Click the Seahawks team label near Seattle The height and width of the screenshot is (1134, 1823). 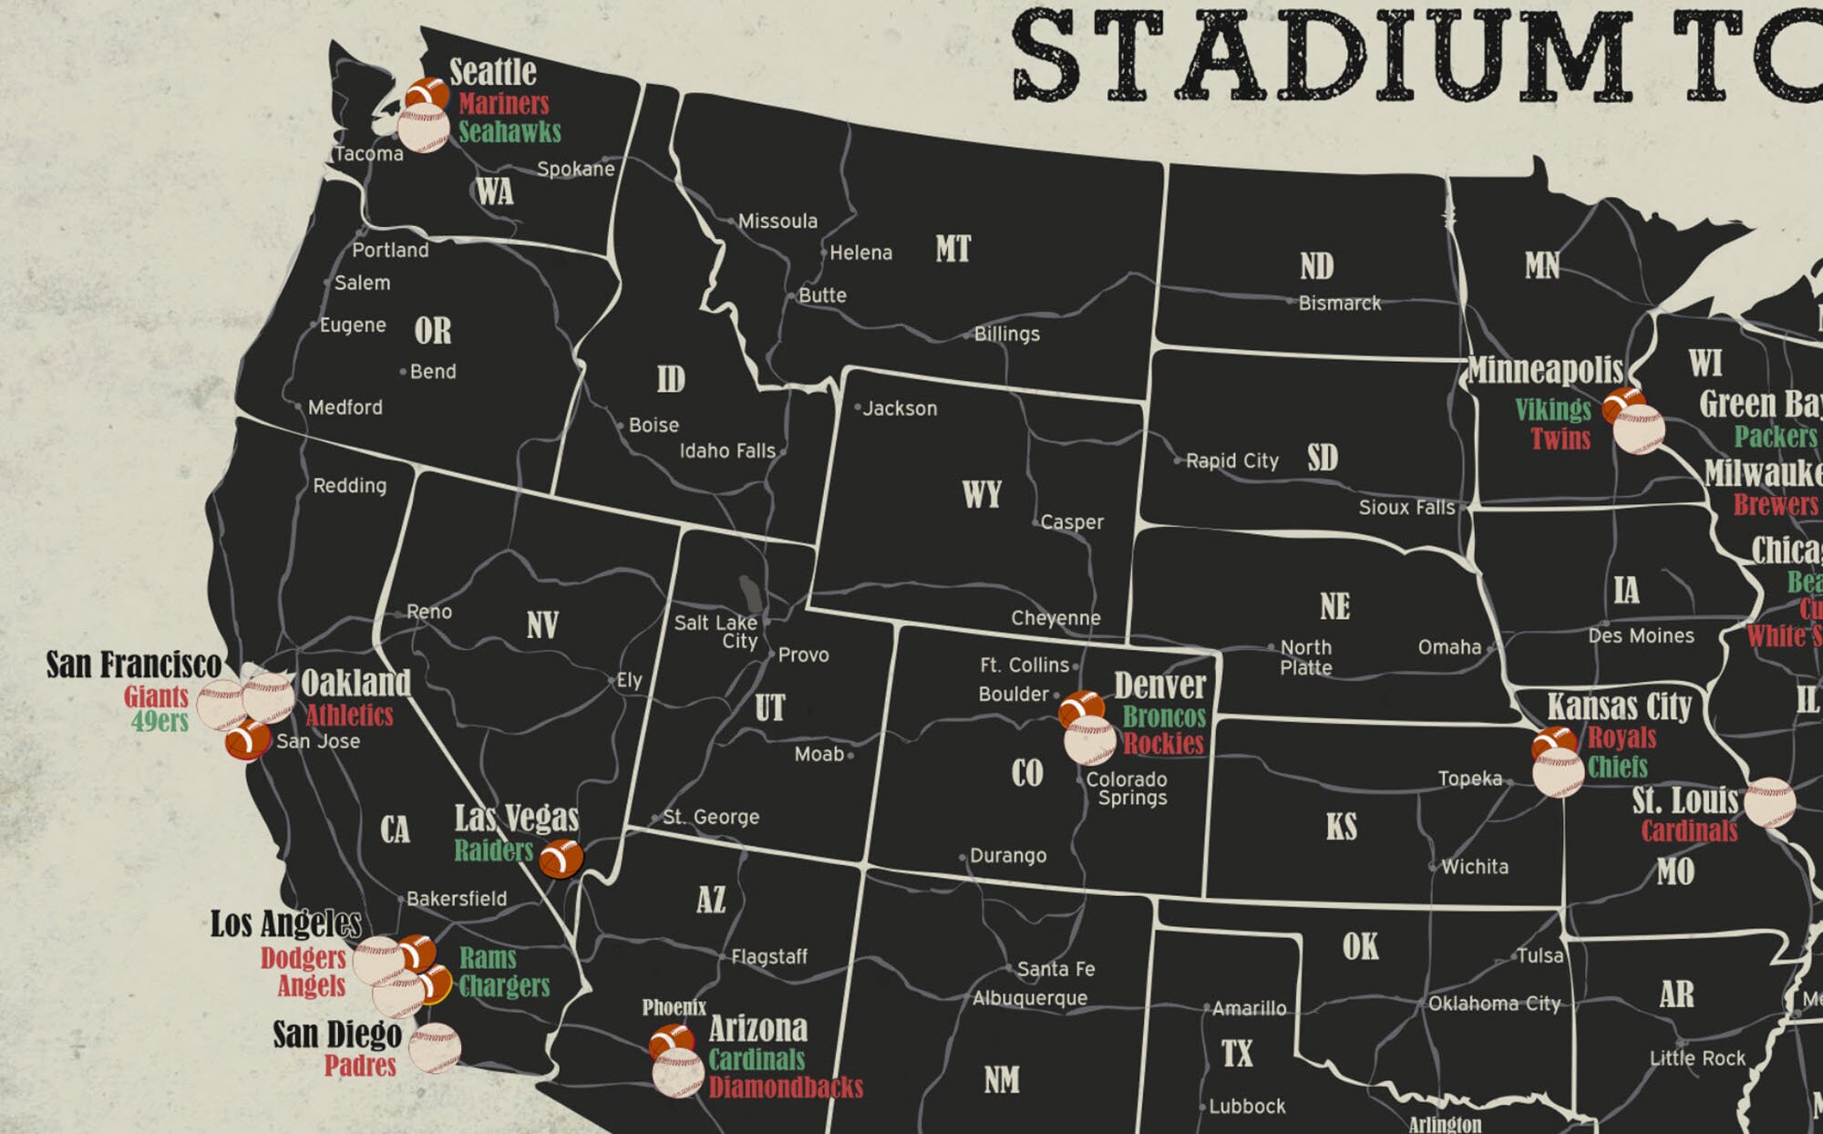[510, 132]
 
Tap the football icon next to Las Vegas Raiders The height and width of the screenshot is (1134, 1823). [561, 859]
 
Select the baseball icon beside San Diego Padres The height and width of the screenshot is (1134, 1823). [435, 1048]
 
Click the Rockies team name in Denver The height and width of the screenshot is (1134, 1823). [1163, 744]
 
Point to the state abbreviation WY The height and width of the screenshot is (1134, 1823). [982, 495]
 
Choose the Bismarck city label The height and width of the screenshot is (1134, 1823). [1339, 304]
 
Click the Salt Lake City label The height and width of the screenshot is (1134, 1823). [716, 631]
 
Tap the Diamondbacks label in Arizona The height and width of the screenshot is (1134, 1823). [786, 1087]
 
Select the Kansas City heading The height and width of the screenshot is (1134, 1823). [1619, 706]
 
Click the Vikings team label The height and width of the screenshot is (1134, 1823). [1553, 409]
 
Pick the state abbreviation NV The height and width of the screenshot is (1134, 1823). [542, 625]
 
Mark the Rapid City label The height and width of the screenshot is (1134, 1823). [1231, 461]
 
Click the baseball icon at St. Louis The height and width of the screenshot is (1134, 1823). [1768, 802]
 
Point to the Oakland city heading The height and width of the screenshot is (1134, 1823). [355, 683]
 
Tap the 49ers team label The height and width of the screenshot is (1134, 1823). [160, 722]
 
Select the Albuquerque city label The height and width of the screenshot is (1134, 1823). [1030, 998]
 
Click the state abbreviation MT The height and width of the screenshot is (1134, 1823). [953, 249]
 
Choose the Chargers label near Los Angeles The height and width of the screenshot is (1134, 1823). [504, 986]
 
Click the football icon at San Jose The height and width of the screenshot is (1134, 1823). [247, 739]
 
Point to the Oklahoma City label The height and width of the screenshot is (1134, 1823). [1494, 1004]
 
